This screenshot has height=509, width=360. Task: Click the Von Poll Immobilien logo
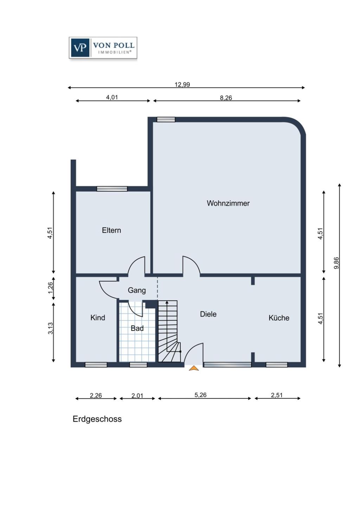pyautogui.click(x=103, y=48)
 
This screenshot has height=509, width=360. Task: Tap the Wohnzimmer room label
pyautogui.click(x=228, y=203)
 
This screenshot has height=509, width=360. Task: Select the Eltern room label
pyautogui.click(x=111, y=230)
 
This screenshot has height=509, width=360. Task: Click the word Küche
pyautogui.click(x=279, y=318)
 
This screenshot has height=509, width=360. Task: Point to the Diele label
pyautogui.click(x=208, y=314)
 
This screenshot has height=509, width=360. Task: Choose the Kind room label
pyautogui.click(x=98, y=318)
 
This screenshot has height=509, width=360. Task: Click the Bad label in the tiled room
pyautogui.click(x=137, y=328)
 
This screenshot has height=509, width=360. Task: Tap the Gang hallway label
pyautogui.click(x=137, y=290)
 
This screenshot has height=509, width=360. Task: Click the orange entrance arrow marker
pyautogui.click(x=194, y=368)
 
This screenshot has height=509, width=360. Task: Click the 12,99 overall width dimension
pyautogui.click(x=182, y=84)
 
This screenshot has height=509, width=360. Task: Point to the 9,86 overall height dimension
pyautogui.click(x=336, y=263)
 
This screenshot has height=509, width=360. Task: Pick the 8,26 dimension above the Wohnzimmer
pyautogui.click(x=226, y=98)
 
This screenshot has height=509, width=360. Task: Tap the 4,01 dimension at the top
pyautogui.click(x=112, y=97)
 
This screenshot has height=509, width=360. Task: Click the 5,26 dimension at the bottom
pyautogui.click(x=200, y=395)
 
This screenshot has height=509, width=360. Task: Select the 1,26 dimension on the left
pyautogui.click(x=50, y=288)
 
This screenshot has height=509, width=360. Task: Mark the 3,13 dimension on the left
pyautogui.click(x=50, y=328)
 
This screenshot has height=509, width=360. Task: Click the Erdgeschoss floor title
pyautogui.click(x=97, y=419)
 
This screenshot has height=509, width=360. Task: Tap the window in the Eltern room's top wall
pyautogui.click(x=112, y=189)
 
